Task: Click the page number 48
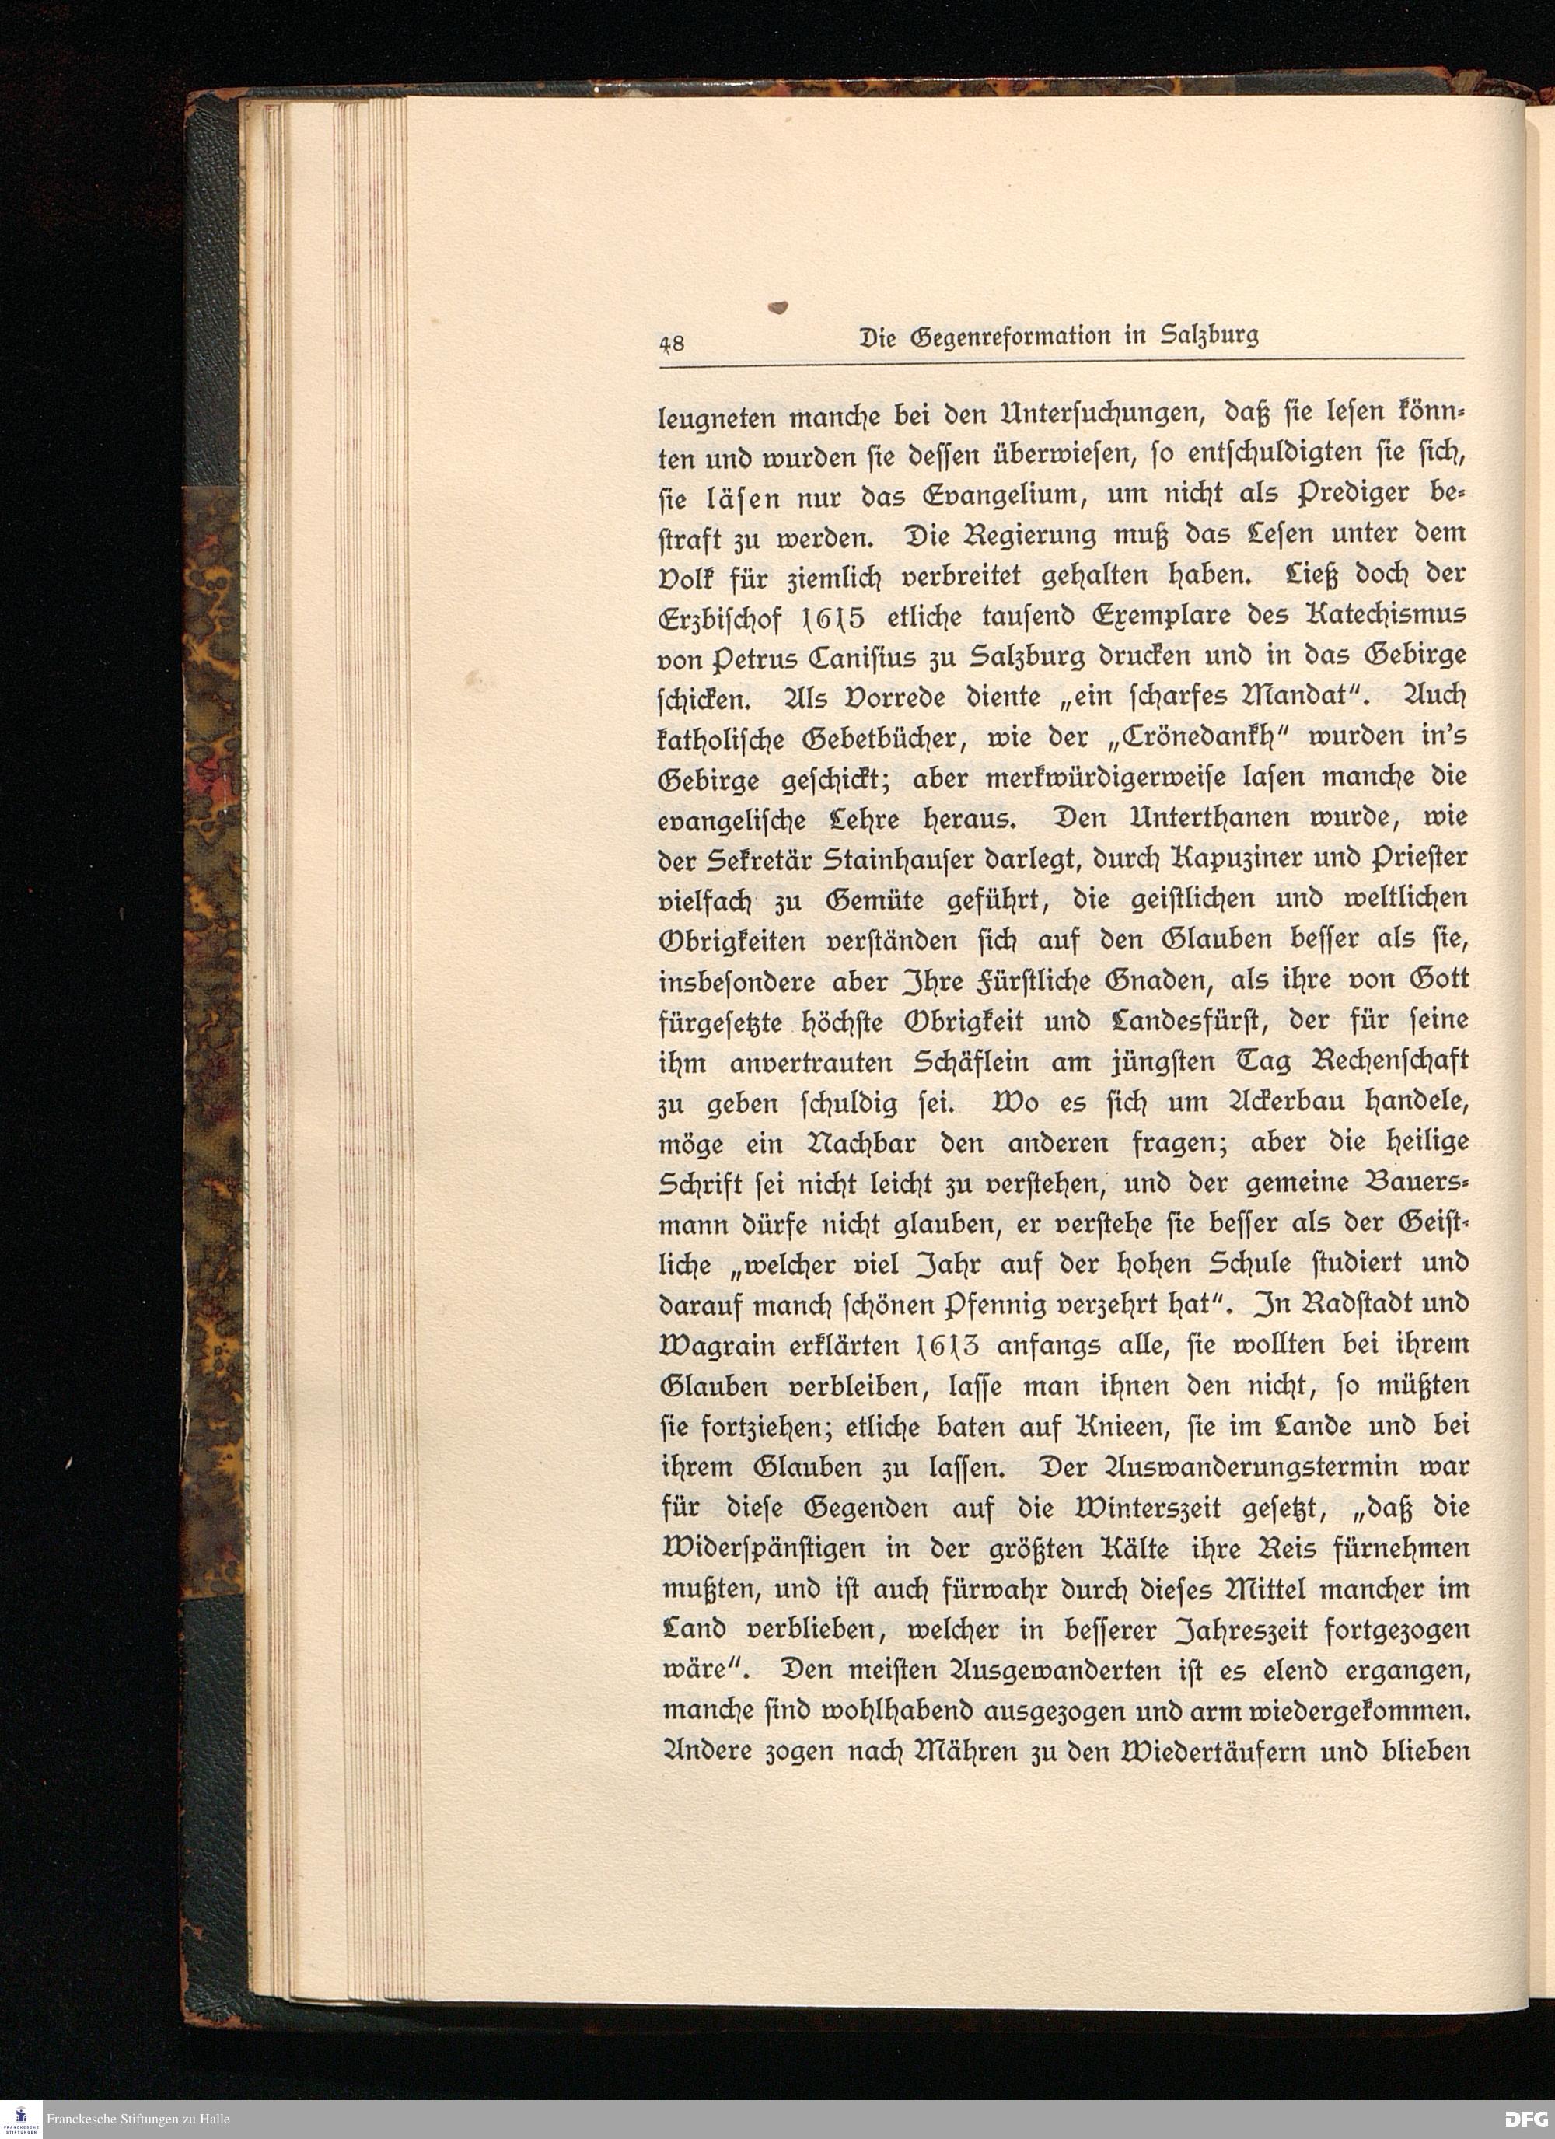(673, 342)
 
